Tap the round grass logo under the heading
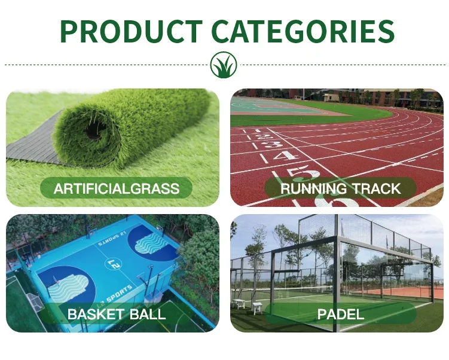(x=224, y=65)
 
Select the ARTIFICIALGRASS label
(x=117, y=189)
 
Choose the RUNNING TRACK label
(x=340, y=189)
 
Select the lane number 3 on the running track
(x=273, y=144)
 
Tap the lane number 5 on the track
(x=303, y=173)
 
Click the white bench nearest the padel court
(x=257, y=308)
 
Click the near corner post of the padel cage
(x=337, y=275)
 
